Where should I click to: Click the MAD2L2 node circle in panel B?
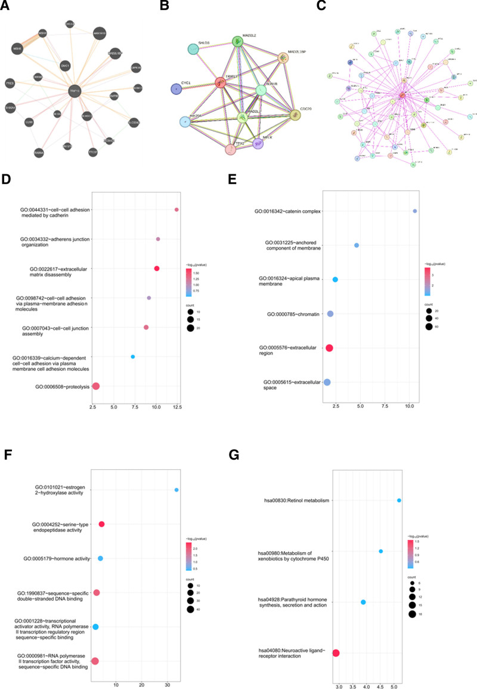pyautogui.click(x=238, y=41)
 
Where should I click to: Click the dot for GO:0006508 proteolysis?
pyautogui.click(x=95, y=386)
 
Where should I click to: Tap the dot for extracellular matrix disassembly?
pyautogui.click(x=157, y=269)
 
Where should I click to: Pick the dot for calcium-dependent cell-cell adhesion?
pyautogui.click(x=133, y=357)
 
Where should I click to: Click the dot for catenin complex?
pyautogui.click(x=415, y=211)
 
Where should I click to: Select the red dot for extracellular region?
pyautogui.click(x=329, y=347)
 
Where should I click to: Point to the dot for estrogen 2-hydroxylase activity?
pyautogui.click(x=176, y=490)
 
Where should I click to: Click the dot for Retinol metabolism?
pyautogui.click(x=399, y=500)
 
